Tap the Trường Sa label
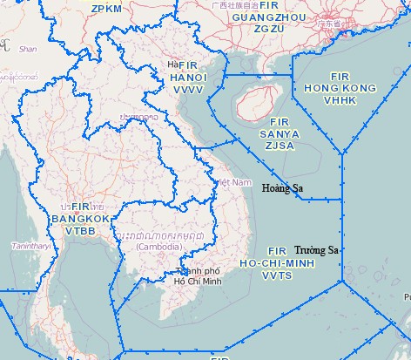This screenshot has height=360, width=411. [316, 250]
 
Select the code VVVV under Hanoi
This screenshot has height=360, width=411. [189, 89]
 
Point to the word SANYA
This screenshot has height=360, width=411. [280, 134]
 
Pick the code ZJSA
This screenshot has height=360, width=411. [280, 146]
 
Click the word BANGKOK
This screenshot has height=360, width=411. [81, 218]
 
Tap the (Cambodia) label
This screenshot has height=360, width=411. [158, 248]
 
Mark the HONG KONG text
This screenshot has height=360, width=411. [338, 87]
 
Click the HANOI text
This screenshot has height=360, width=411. [189, 78]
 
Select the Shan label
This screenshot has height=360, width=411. [28, 51]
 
